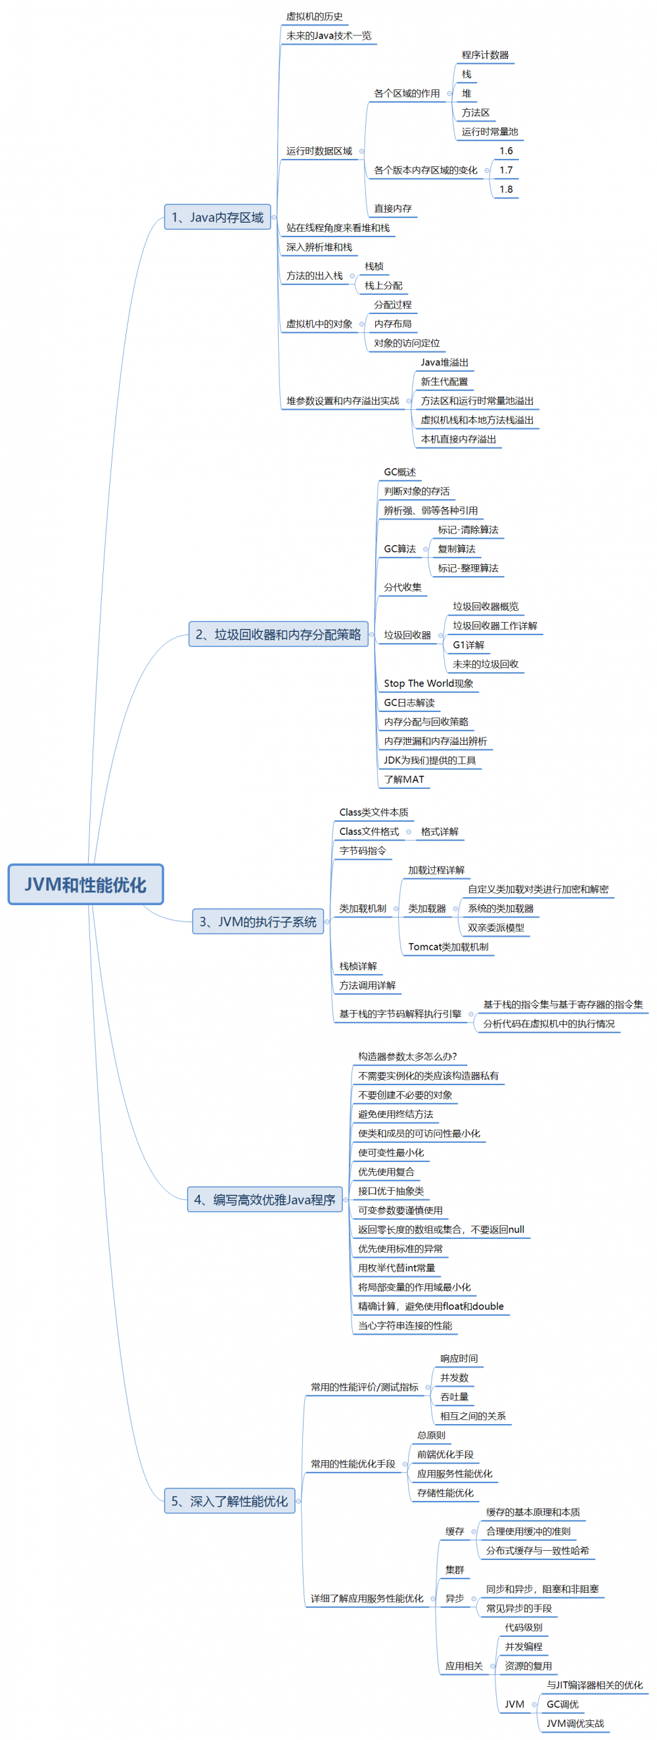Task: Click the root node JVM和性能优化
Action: click(85, 884)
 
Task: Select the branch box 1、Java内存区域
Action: click(217, 217)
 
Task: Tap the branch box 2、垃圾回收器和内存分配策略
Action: click(278, 635)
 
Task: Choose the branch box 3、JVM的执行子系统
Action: click(258, 922)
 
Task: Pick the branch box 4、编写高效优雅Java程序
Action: click(264, 1199)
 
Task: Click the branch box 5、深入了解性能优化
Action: click(229, 1501)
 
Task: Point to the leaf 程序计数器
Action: click(485, 55)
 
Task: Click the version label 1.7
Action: click(506, 170)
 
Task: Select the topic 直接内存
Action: click(393, 209)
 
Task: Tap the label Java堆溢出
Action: click(444, 363)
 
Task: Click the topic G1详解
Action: click(468, 645)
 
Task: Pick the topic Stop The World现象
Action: click(428, 684)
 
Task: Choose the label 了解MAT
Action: click(403, 780)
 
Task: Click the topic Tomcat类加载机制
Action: click(447, 947)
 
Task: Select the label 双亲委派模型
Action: click(495, 928)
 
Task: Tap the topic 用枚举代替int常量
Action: click(396, 1268)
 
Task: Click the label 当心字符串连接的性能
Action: click(405, 1326)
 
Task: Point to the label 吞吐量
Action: click(453, 1397)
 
